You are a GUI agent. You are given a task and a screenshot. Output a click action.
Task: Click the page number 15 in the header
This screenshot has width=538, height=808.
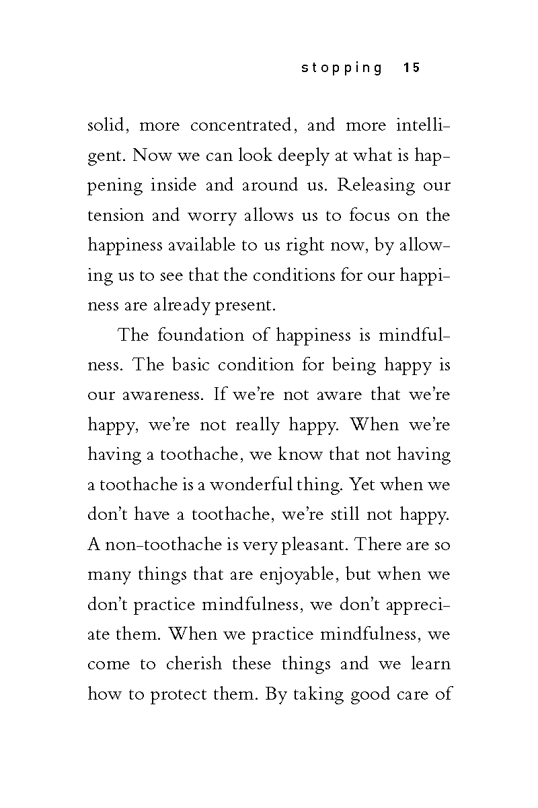[412, 67]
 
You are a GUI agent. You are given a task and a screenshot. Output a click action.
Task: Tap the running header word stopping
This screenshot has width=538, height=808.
[342, 67]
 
